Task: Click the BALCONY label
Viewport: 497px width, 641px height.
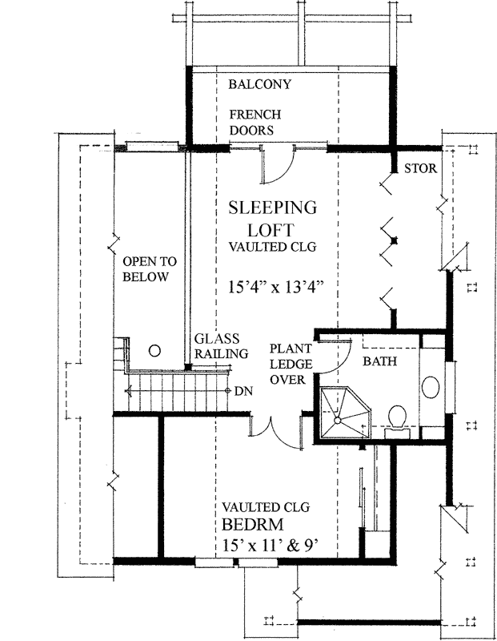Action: click(x=259, y=84)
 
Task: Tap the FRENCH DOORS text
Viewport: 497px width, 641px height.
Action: click(x=254, y=123)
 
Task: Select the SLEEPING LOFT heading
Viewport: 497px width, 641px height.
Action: click(x=272, y=218)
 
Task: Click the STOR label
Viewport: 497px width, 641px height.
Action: click(x=419, y=169)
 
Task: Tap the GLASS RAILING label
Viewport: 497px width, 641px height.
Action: click(x=221, y=346)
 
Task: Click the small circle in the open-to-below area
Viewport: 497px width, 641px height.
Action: click(x=155, y=350)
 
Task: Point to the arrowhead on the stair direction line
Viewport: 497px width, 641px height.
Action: click(x=129, y=392)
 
